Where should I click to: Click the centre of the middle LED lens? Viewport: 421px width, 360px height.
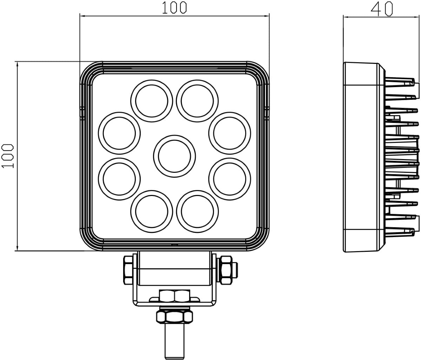pyautogui.click(x=174, y=156)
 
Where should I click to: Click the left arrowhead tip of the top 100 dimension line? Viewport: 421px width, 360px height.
pyautogui.click(x=80, y=16)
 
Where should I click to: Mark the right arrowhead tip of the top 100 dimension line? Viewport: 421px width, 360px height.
pyautogui.click(x=269, y=16)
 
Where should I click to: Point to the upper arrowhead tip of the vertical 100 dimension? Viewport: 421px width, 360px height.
pyautogui.click(x=17, y=61)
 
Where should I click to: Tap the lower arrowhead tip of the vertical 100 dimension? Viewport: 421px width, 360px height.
pyautogui.click(x=17, y=251)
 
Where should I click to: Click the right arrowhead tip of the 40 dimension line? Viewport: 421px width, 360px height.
pyautogui.click(x=419, y=17)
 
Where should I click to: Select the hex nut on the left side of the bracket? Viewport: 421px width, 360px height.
pyautogui.click(x=128, y=270)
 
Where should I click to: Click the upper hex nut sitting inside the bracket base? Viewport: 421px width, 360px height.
pyautogui.click(x=175, y=296)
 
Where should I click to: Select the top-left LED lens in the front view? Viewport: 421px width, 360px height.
pyautogui.click(x=152, y=101)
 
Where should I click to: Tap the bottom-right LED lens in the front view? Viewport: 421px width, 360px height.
pyautogui.click(x=197, y=211)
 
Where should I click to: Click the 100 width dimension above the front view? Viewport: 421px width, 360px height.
pyautogui.click(x=174, y=8)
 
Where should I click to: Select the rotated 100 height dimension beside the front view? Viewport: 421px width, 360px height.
pyautogui.click(x=7, y=156)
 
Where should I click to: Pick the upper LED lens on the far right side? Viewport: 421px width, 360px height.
pyautogui.click(x=229, y=133)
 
